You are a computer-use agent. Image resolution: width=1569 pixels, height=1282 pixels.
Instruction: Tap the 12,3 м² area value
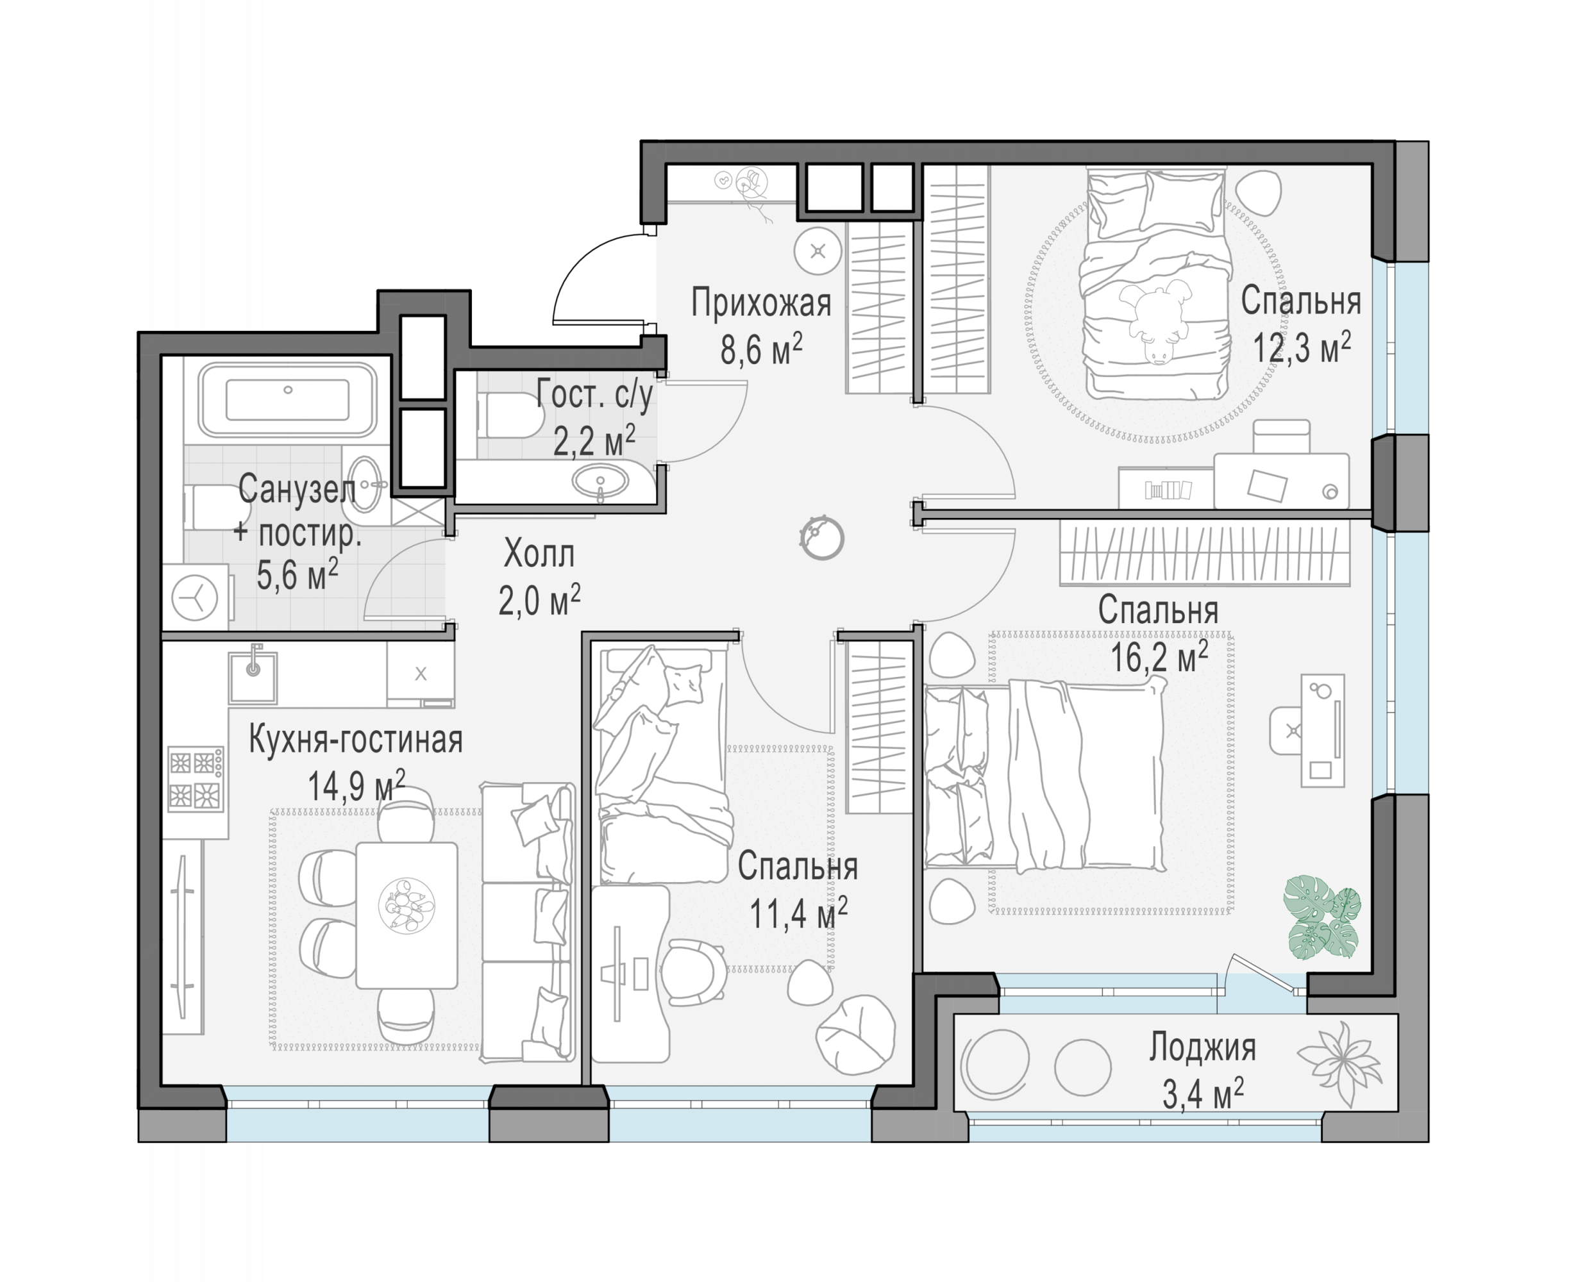[x=1302, y=346]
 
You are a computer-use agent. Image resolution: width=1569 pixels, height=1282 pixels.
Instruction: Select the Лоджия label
[x=1202, y=1048]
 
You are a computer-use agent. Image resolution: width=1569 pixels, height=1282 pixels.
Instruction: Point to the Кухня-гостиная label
[x=355, y=740]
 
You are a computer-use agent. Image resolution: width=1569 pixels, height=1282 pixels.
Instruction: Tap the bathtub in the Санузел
[x=287, y=399]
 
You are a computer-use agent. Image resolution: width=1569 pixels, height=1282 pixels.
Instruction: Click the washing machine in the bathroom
[x=195, y=597]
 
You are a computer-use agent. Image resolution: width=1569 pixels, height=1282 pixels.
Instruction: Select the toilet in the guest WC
[x=510, y=414]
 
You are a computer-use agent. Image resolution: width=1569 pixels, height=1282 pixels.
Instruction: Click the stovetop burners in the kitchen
[x=195, y=778]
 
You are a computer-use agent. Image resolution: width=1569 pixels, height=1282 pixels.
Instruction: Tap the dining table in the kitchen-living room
[x=407, y=915]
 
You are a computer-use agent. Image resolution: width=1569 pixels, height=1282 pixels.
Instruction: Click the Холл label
[x=539, y=554]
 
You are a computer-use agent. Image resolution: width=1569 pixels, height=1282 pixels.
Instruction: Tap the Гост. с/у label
[x=594, y=394]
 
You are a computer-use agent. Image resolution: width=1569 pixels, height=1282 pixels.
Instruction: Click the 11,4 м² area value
[x=798, y=913]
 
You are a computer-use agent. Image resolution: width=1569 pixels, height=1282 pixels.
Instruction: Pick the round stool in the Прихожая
[x=818, y=251]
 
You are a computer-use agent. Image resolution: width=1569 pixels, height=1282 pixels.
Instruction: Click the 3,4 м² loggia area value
[x=1204, y=1094]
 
